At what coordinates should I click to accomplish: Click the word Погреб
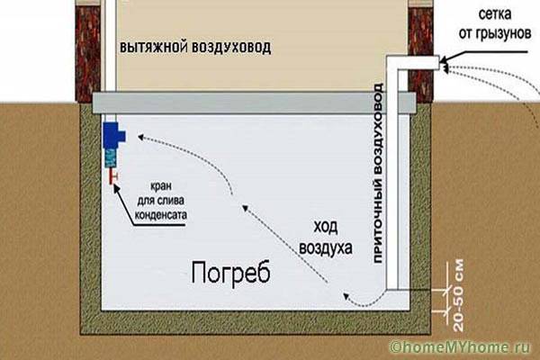click(230, 273)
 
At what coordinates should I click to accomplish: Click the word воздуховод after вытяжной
click(231, 48)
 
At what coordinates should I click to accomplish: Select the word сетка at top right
click(495, 14)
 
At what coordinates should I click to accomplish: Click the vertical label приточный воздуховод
click(378, 173)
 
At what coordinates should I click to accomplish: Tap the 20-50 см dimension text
click(458, 295)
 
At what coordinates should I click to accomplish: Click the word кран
click(160, 186)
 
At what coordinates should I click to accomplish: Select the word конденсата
click(160, 215)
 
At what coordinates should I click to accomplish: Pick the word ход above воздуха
click(326, 227)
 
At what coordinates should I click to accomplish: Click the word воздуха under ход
click(326, 247)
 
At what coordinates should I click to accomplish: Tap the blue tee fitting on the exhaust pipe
click(113, 136)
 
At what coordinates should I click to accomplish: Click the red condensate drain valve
click(112, 176)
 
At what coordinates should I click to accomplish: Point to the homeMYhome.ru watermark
click(461, 347)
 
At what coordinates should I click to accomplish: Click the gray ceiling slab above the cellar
click(254, 103)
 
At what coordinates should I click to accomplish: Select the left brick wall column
click(88, 51)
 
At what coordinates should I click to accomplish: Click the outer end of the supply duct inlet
click(439, 63)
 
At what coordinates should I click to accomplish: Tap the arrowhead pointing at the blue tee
click(140, 138)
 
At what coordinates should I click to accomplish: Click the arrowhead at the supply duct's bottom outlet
click(346, 296)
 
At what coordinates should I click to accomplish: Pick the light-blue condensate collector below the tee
click(111, 158)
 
